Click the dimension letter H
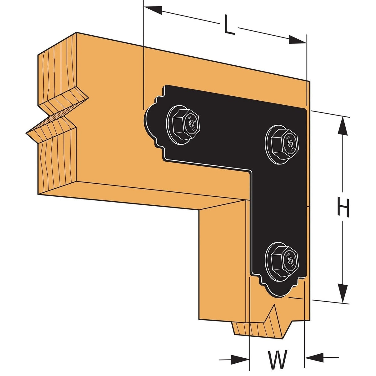pyautogui.click(x=343, y=208)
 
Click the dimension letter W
pyautogui.click(x=278, y=359)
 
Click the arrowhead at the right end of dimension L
pyautogui.click(x=297, y=40)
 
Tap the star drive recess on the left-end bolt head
pyautogui.click(x=191, y=123)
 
